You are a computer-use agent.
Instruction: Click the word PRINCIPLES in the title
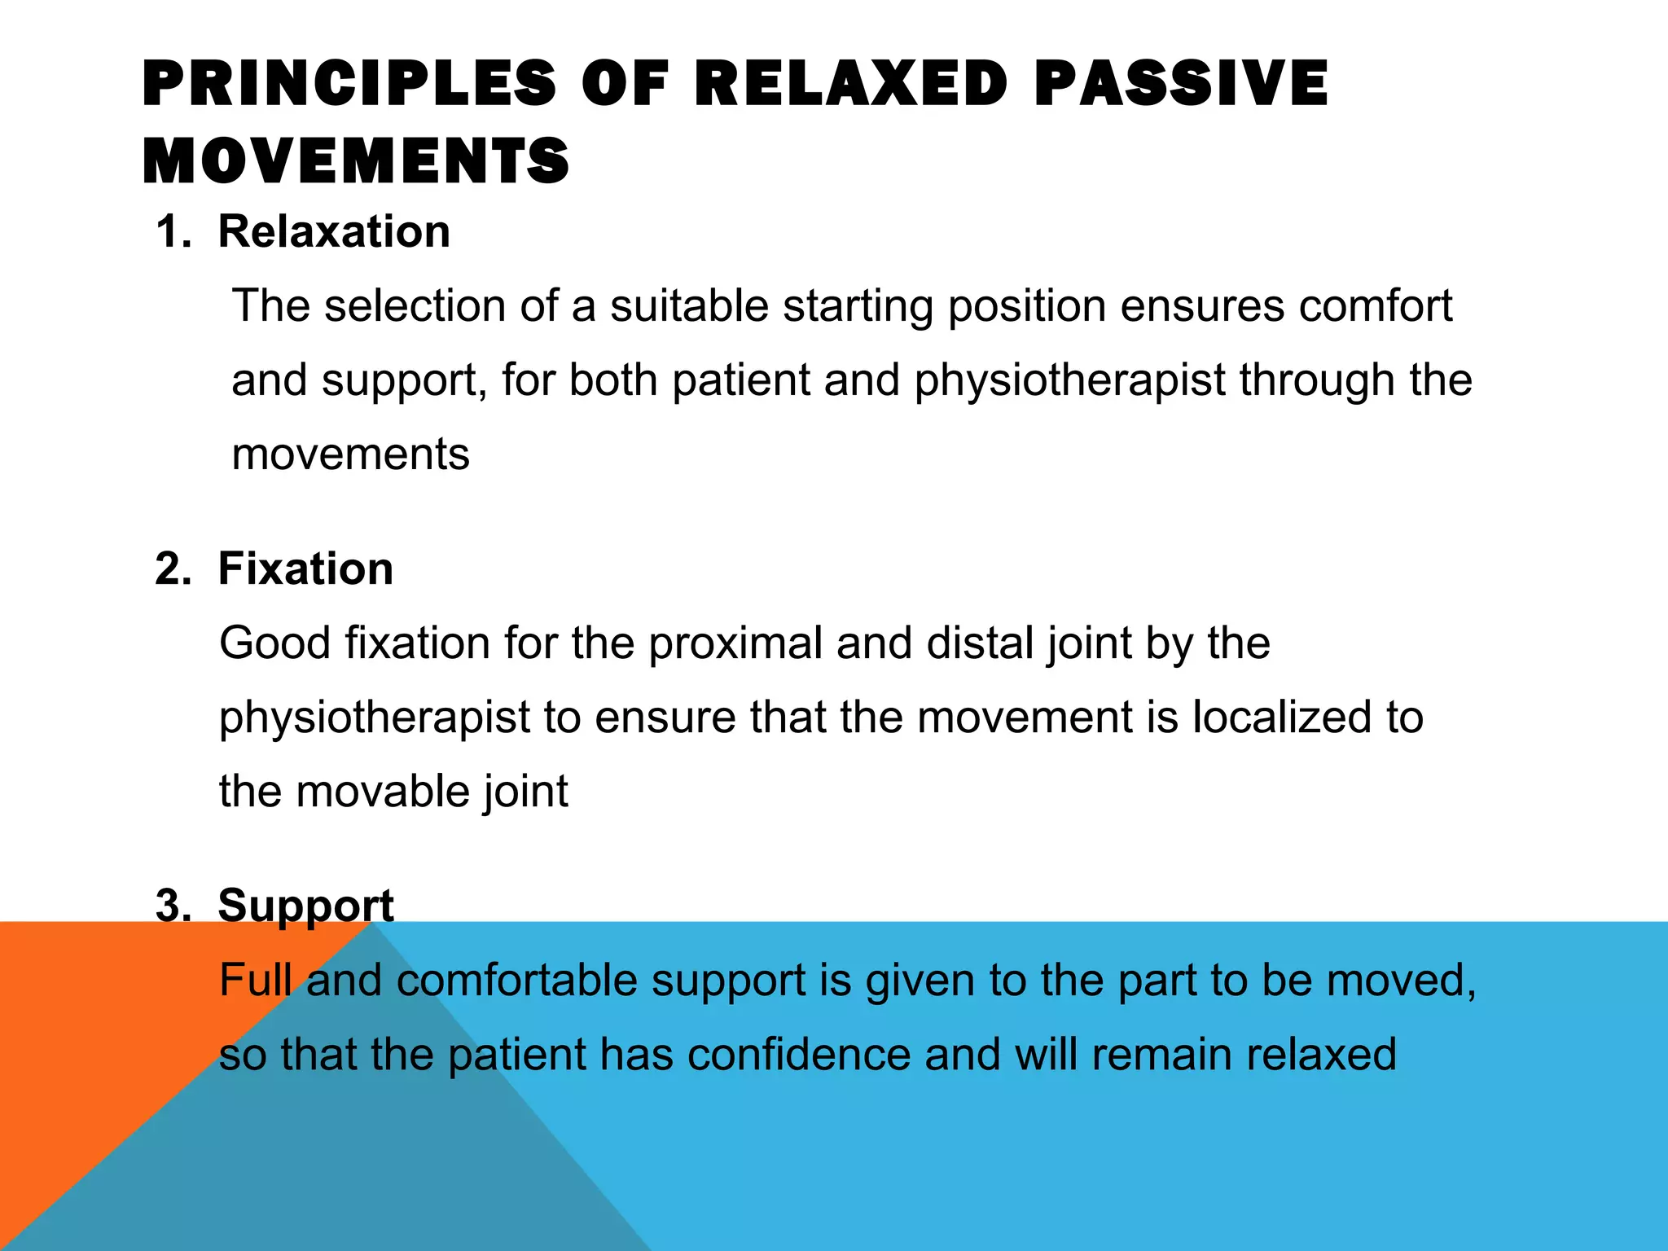pos(349,83)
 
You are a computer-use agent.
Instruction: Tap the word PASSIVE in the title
pos(1182,83)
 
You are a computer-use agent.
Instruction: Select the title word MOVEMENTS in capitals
pos(356,160)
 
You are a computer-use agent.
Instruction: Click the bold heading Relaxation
pos(334,231)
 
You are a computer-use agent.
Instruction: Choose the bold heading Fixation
pos(305,568)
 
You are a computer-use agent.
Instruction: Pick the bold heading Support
pos(305,905)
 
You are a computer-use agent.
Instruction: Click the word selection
pos(415,306)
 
